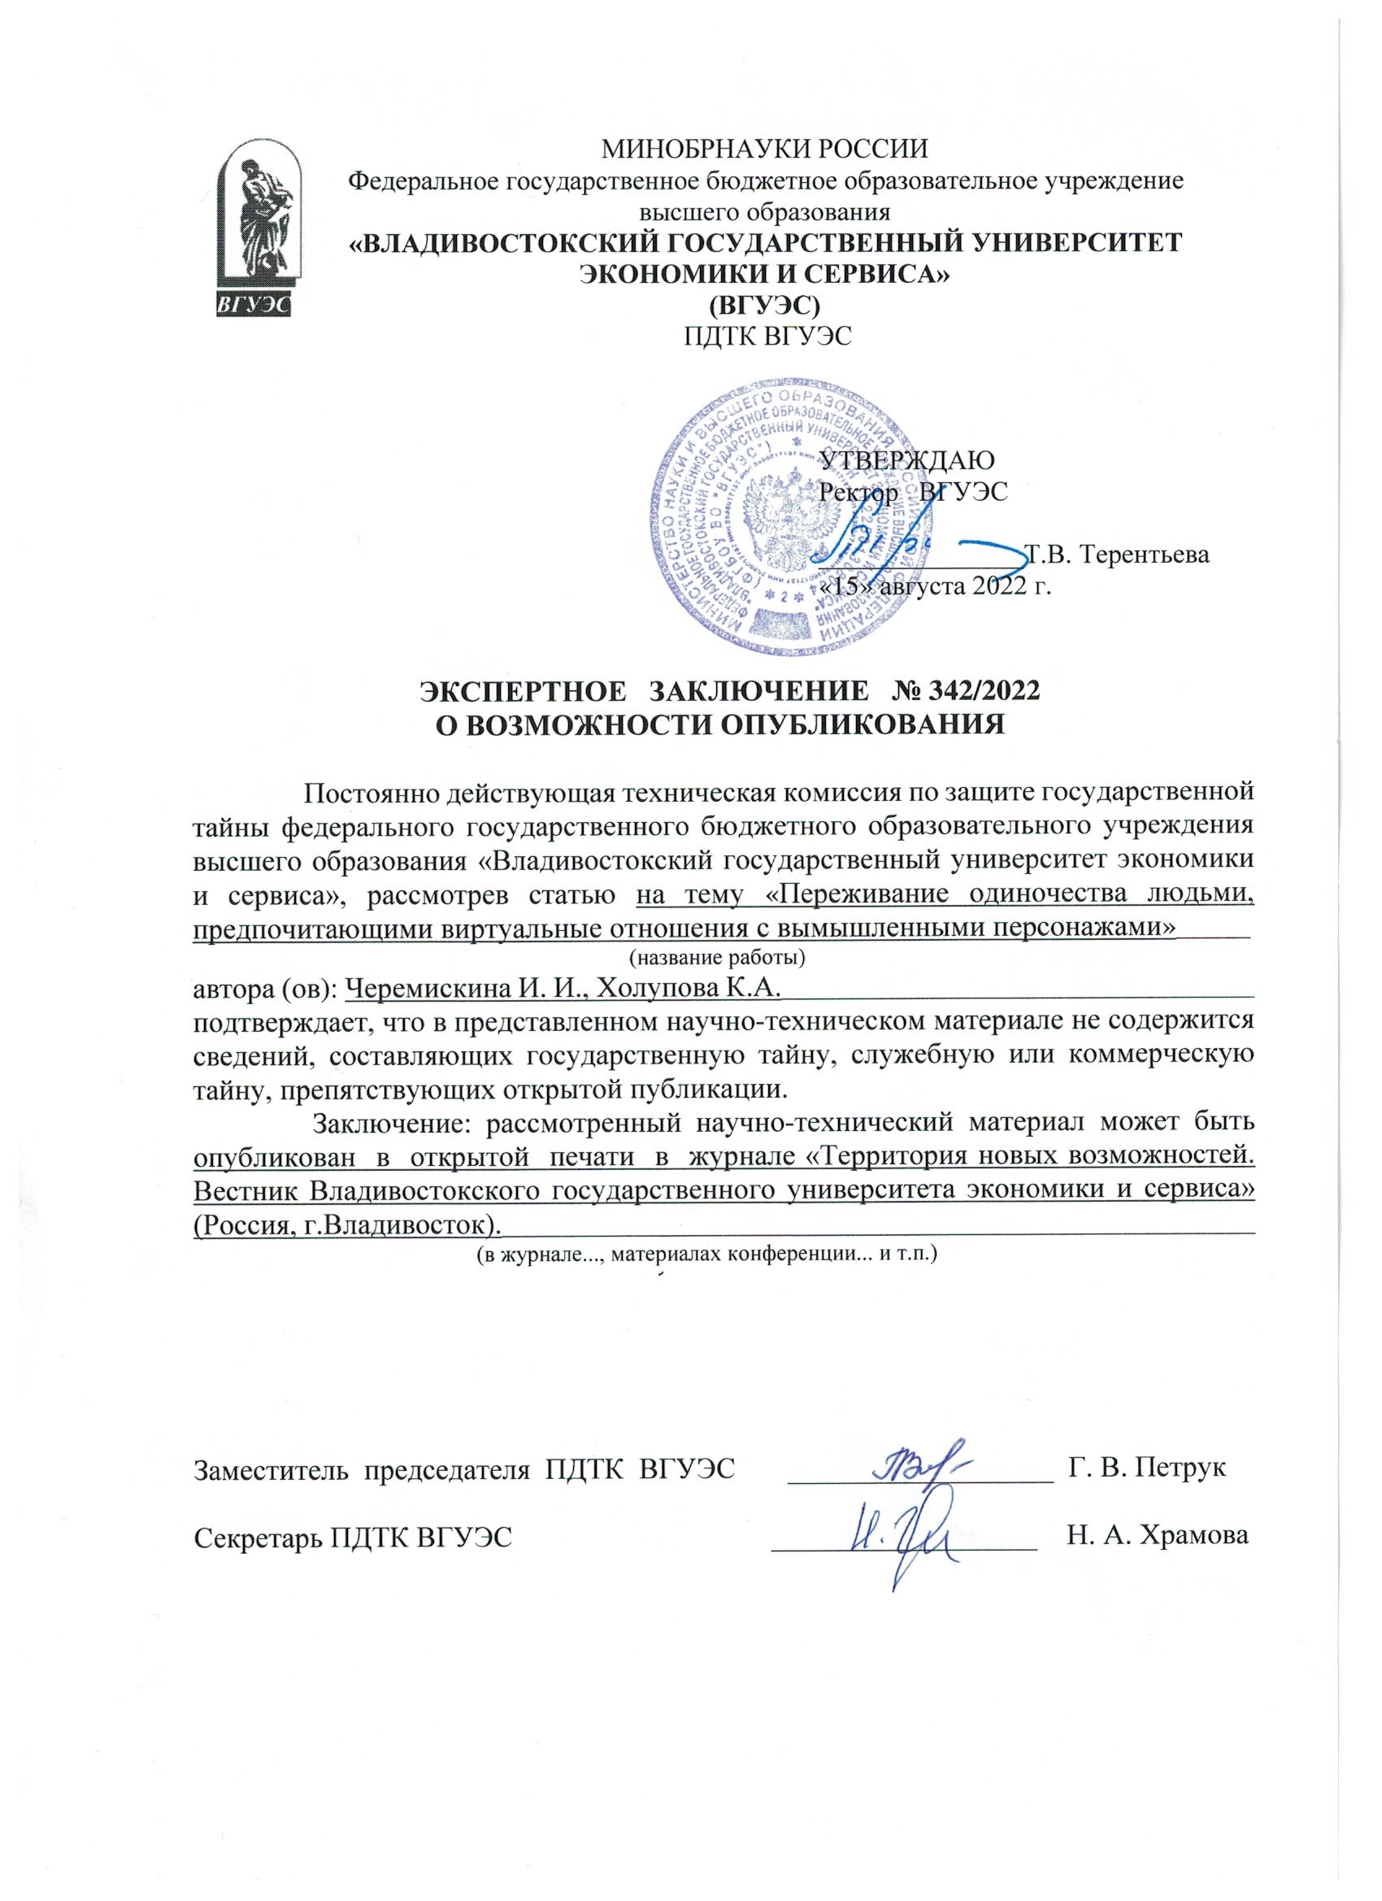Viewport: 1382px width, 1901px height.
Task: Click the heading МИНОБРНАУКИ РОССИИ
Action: tap(765, 151)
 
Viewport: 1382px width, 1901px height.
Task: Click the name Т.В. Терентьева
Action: tap(1118, 554)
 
